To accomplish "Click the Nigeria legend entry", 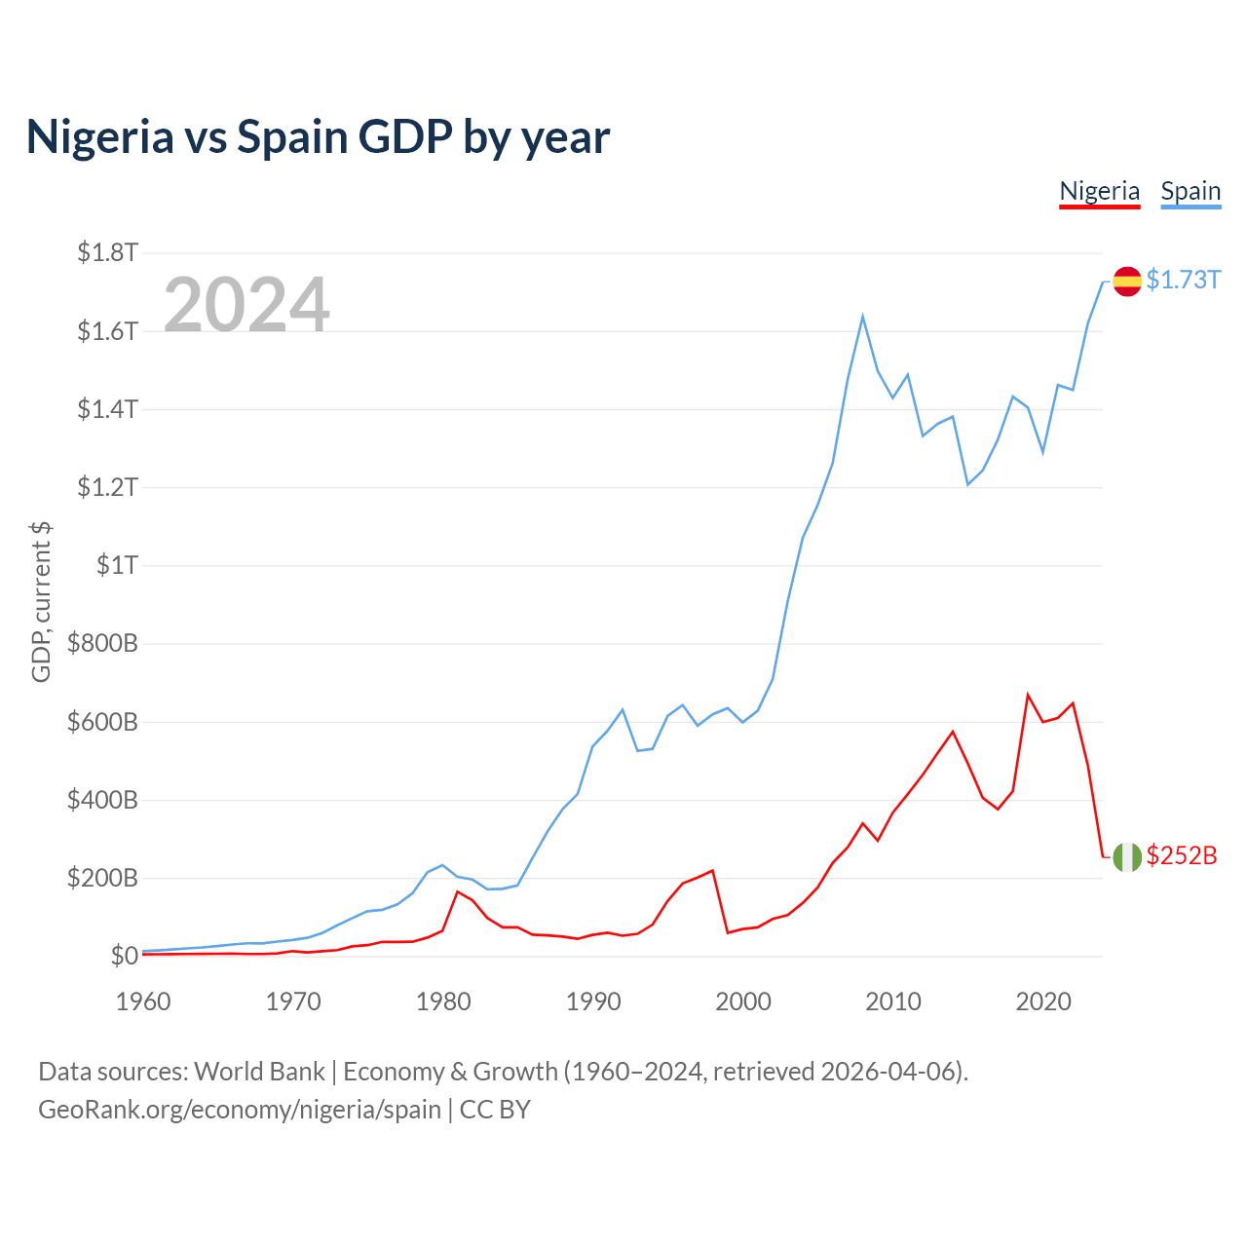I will click(1099, 191).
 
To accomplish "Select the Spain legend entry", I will click(1190, 191).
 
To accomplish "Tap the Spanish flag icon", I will click(1127, 281).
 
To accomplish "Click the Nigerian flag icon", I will click(1127, 856).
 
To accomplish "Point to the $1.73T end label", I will click(1183, 280).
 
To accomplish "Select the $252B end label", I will click(1182, 855).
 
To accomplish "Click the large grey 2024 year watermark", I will click(246, 305).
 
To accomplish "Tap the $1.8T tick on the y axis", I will click(107, 253).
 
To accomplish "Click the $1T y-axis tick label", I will click(117, 565).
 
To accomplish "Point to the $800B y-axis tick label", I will click(101, 643).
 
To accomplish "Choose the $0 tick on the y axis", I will click(124, 956).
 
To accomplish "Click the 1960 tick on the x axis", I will click(143, 1001).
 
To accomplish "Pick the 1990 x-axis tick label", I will click(593, 1001).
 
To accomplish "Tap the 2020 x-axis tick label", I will click(1043, 1001).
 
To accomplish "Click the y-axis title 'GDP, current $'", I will click(41, 601).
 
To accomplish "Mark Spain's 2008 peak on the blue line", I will click(863, 317).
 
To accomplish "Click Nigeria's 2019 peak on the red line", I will click(1028, 695).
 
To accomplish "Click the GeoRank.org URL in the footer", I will click(239, 1109).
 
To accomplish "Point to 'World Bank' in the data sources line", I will click(259, 1072).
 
